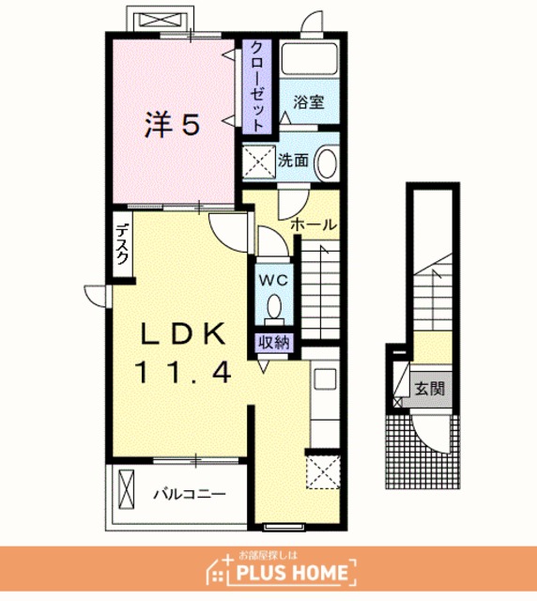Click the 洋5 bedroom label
172,124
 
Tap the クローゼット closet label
257,86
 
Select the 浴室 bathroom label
309,102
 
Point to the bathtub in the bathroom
309,58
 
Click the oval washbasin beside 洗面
327,162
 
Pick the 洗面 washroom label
293,161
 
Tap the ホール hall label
314,224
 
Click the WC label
273,281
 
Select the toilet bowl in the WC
274,307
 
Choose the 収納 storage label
273,342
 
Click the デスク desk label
122,244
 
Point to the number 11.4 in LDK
183,373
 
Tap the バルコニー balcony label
191,494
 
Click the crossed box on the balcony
127,489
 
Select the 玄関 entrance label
430,389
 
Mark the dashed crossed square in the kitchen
323,471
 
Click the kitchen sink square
325,378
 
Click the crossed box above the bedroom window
160,19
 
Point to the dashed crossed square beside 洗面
259,162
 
